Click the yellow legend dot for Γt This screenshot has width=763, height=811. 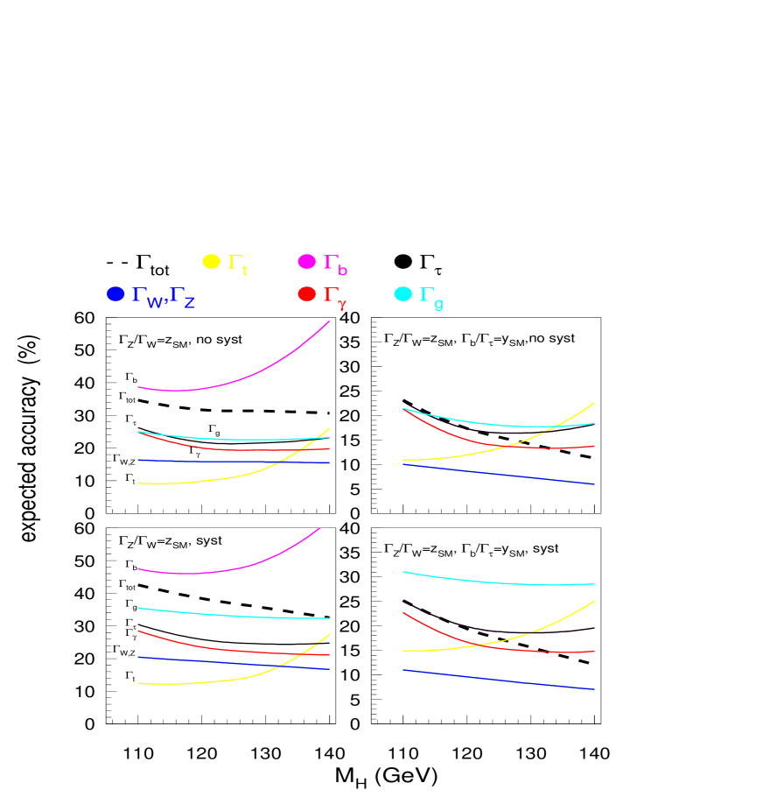(x=212, y=261)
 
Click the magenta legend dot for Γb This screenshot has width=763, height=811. (x=307, y=261)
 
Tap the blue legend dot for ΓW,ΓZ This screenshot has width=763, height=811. (x=115, y=294)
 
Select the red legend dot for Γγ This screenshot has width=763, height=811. (x=307, y=294)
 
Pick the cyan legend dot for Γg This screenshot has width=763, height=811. (x=402, y=294)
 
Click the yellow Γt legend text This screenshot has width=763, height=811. (x=237, y=263)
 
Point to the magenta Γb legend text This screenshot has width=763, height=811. (x=335, y=263)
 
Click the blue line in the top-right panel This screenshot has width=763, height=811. (x=499, y=474)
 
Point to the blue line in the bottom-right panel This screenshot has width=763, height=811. (x=499, y=680)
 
